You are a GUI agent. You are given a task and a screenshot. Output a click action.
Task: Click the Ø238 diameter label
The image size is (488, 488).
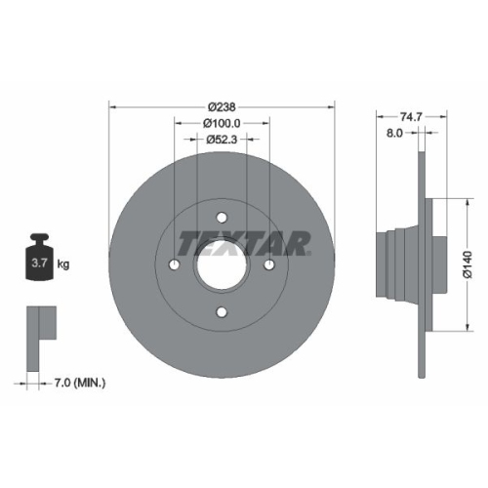[x=222, y=107]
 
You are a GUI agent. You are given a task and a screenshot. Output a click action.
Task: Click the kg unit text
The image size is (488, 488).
[x=64, y=264]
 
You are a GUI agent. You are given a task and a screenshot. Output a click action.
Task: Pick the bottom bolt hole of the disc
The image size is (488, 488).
[x=222, y=311]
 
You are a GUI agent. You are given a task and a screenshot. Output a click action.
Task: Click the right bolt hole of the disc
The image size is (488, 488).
[x=268, y=264]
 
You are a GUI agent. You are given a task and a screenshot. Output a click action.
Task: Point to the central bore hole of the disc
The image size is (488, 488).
[x=222, y=264]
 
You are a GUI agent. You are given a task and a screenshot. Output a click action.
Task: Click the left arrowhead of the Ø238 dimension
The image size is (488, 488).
[x=112, y=107]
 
